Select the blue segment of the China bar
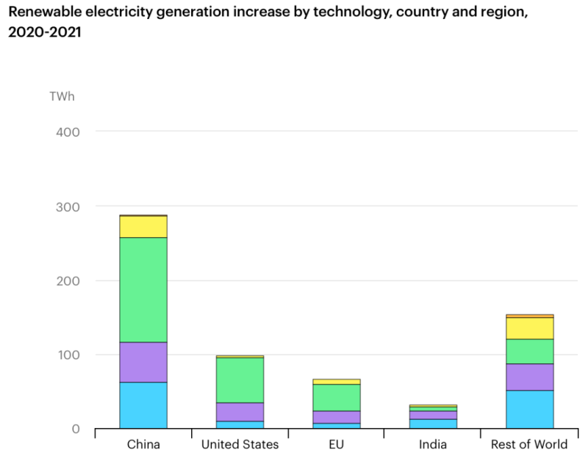coord(143,405)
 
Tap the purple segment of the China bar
coord(143,362)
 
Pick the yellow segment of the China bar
coord(143,226)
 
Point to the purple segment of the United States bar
coord(240,412)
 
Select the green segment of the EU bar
coord(337,397)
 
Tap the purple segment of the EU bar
coord(337,416)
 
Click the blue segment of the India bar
coord(433,424)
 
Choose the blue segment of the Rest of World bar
coord(530,409)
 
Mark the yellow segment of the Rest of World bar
coord(530,328)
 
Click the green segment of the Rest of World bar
coord(530,351)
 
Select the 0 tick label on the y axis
coord(75,428)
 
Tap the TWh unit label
coord(62,96)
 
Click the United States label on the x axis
coord(240,444)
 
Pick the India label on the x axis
coord(433,444)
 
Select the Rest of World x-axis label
coord(530,444)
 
